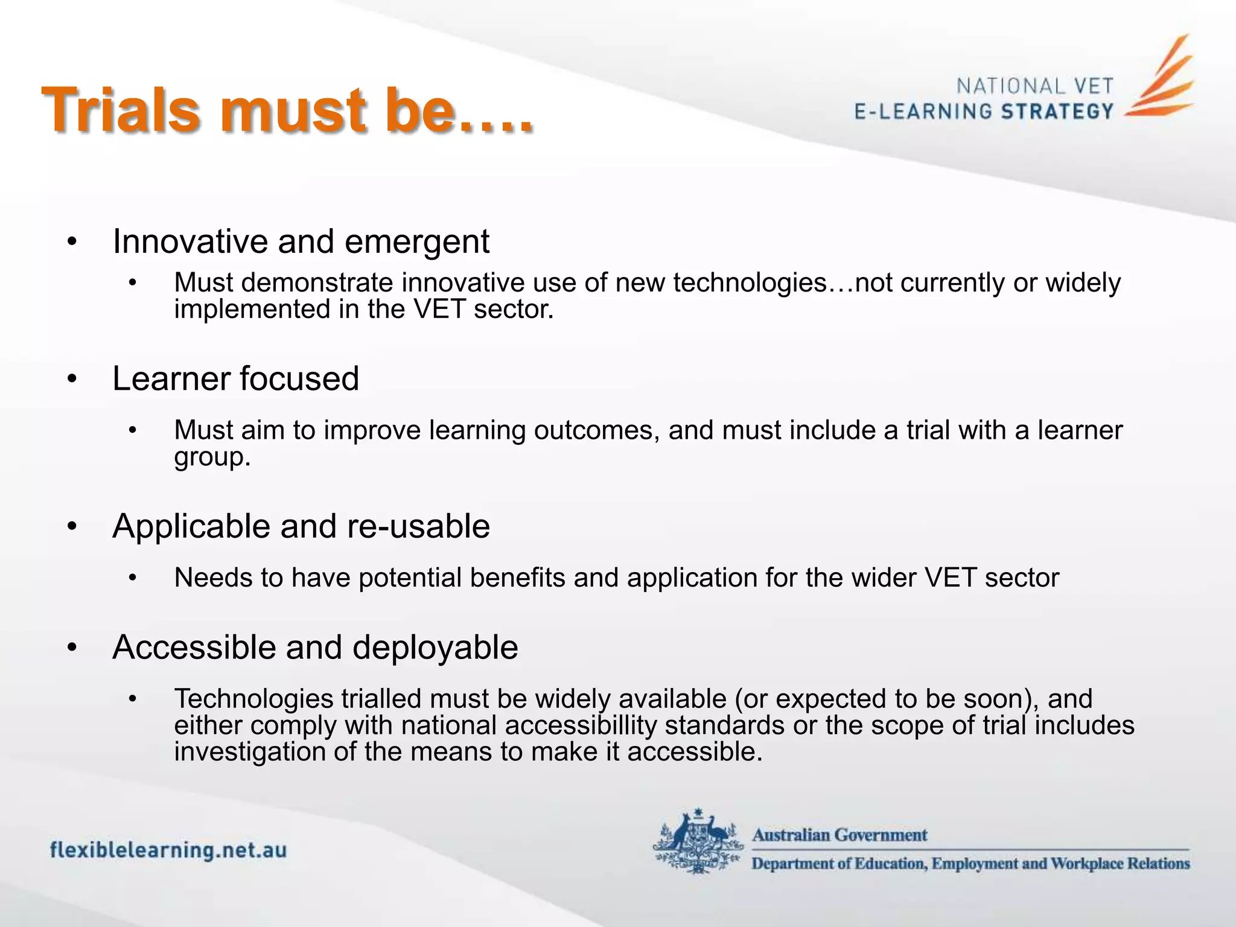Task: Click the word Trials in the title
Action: pyautogui.click(x=120, y=110)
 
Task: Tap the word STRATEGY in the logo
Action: pyautogui.click(x=1057, y=112)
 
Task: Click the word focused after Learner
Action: pyautogui.click(x=299, y=379)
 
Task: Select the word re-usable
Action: pyautogui.click(x=418, y=526)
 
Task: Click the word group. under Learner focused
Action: pyautogui.click(x=212, y=457)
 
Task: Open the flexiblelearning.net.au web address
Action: pyautogui.click(x=168, y=850)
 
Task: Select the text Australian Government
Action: pyautogui.click(x=839, y=835)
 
